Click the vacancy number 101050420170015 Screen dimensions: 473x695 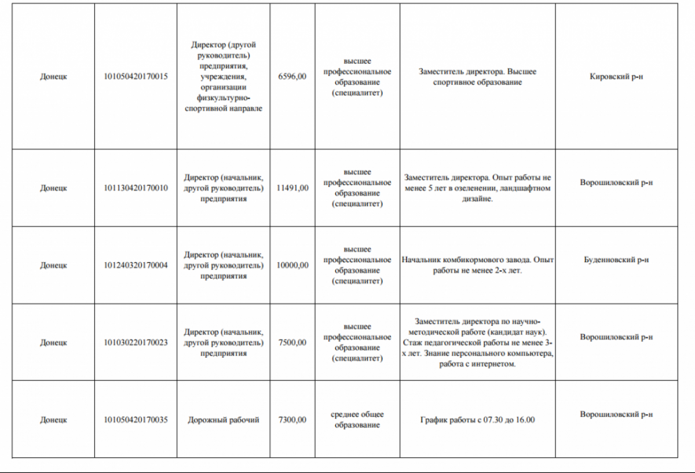(136, 76)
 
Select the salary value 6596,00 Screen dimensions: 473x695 (292, 76)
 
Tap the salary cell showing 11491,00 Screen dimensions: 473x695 (292, 188)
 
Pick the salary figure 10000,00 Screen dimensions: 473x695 (292, 265)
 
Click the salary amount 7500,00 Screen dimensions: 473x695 (292, 342)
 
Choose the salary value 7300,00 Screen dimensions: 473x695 (292, 420)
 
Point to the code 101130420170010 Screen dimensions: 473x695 (136, 188)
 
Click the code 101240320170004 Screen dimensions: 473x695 (136, 265)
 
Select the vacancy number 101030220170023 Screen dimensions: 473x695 (136, 342)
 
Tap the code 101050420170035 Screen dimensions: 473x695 (136, 420)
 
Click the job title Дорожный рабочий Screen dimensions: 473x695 (224, 420)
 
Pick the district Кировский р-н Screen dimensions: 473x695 (616, 76)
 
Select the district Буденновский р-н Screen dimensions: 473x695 (616, 260)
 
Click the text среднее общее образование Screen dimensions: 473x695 (357, 420)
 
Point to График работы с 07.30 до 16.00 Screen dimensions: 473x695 (477, 420)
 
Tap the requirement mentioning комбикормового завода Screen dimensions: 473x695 (477, 265)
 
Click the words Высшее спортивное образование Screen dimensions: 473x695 (477, 82)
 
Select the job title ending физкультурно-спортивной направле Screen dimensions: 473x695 (224, 76)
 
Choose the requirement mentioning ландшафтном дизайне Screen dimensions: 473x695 (477, 188)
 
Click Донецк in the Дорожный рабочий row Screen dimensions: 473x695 (53, 420)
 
